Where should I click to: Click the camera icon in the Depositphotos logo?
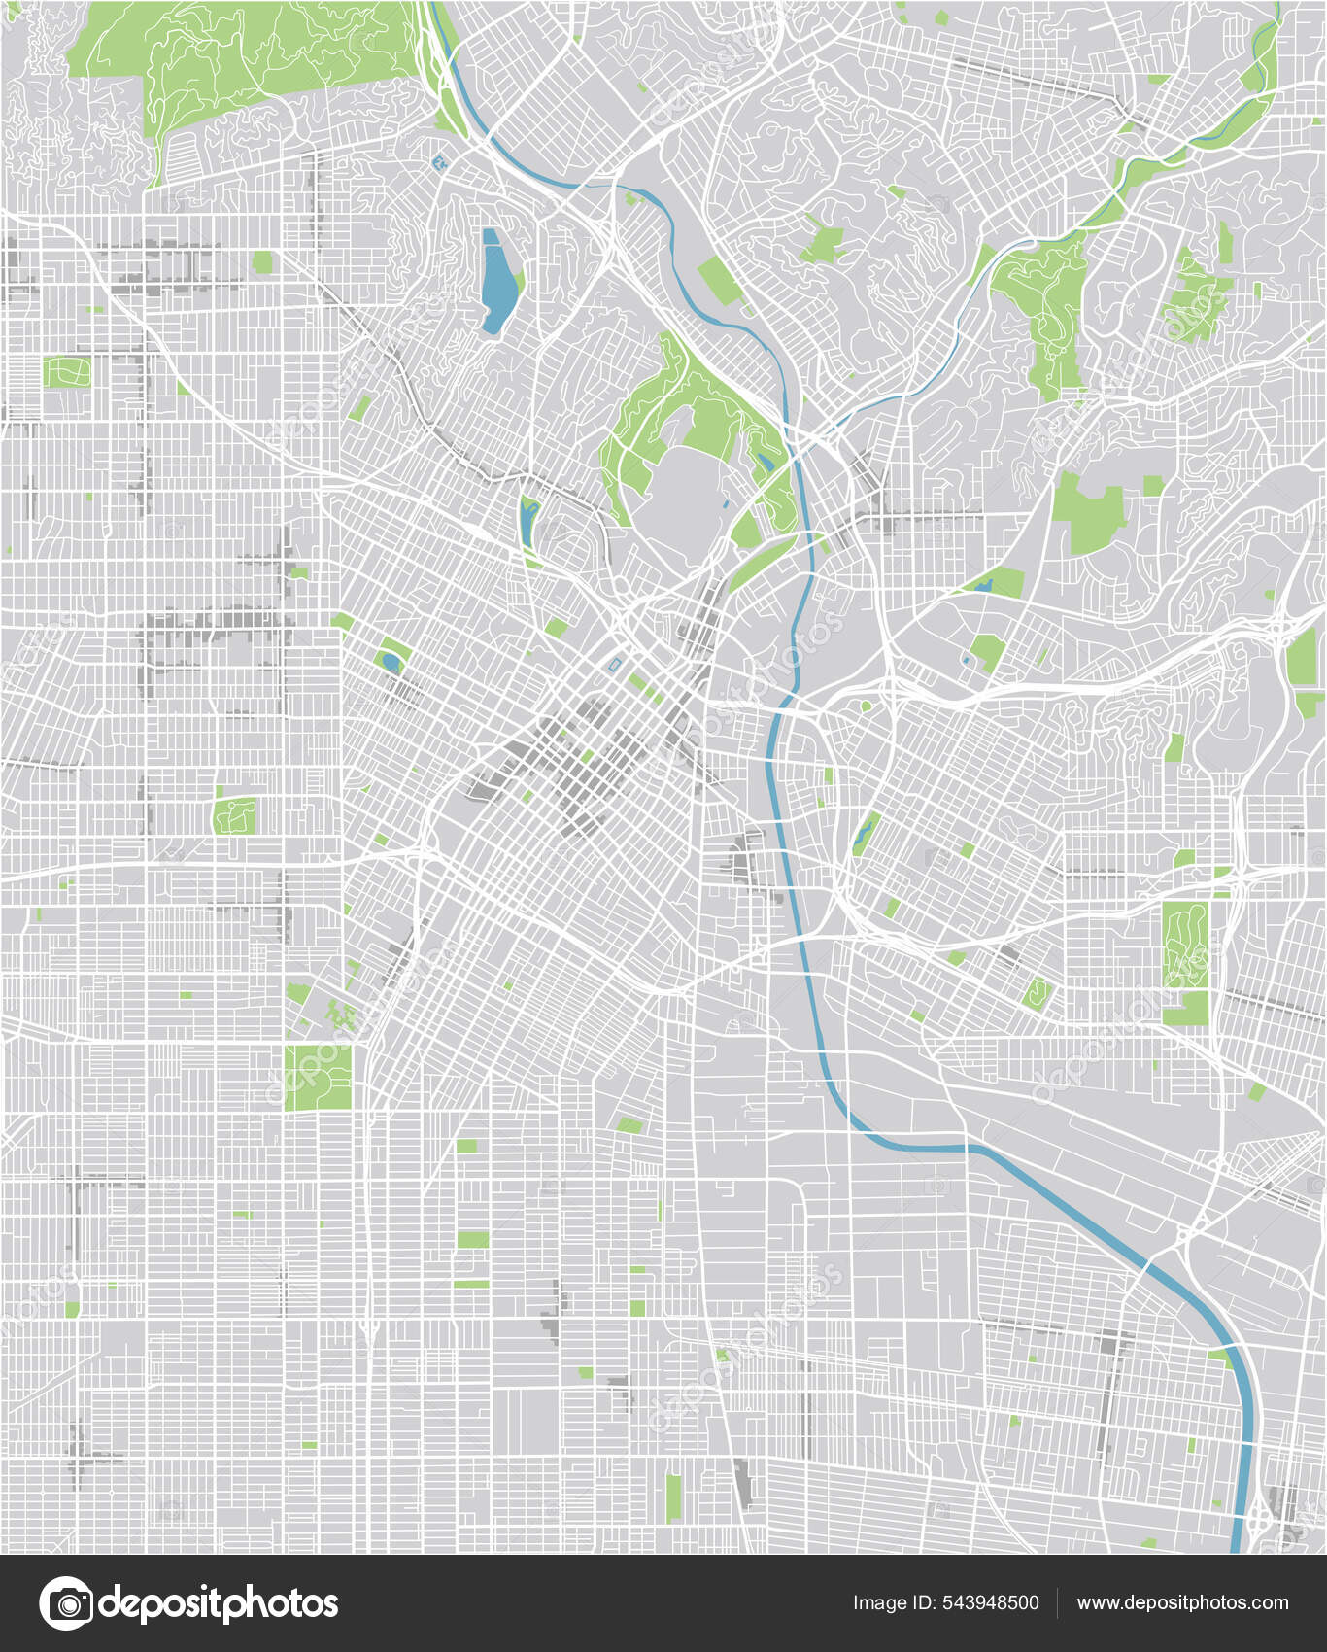coord(66,1603)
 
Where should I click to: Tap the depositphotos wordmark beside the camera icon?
coord(218,1603)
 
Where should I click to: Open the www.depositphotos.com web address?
coord(1182,1603)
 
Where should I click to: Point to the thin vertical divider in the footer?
coord(1057,1603)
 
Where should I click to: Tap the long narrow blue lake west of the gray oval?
coord(527,523)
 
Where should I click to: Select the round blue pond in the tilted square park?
coord(391,662)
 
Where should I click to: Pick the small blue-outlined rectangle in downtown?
coord(614,663)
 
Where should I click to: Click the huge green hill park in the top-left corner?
coord(243,58)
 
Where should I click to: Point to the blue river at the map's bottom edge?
coord(1238,1535)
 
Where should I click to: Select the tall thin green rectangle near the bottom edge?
coord(673,1497)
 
